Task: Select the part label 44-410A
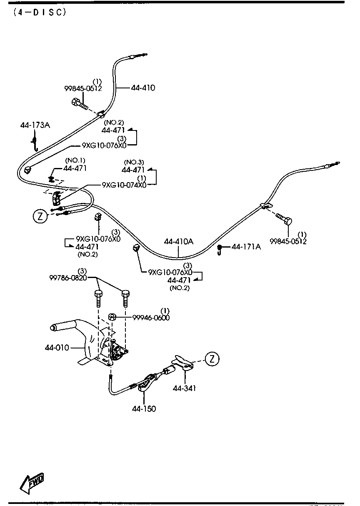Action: click(x=178, y=241)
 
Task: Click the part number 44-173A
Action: click(x=35, y=125)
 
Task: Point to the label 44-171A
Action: click(x=246, y=247)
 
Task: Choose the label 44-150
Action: click(x=144, y=409)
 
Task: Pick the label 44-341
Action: click(x=184, y=388)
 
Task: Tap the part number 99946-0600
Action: click(x=151, y=317)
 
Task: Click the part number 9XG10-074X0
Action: click(x=124, y=185)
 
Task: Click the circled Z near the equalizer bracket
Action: click(x=212, y=359)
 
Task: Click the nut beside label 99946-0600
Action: click(x=112, y=317)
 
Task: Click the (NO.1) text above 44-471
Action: click(x=75, y=160)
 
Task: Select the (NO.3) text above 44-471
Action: click(x=134, y=162)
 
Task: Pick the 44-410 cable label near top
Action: click(x=142, y=88)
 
